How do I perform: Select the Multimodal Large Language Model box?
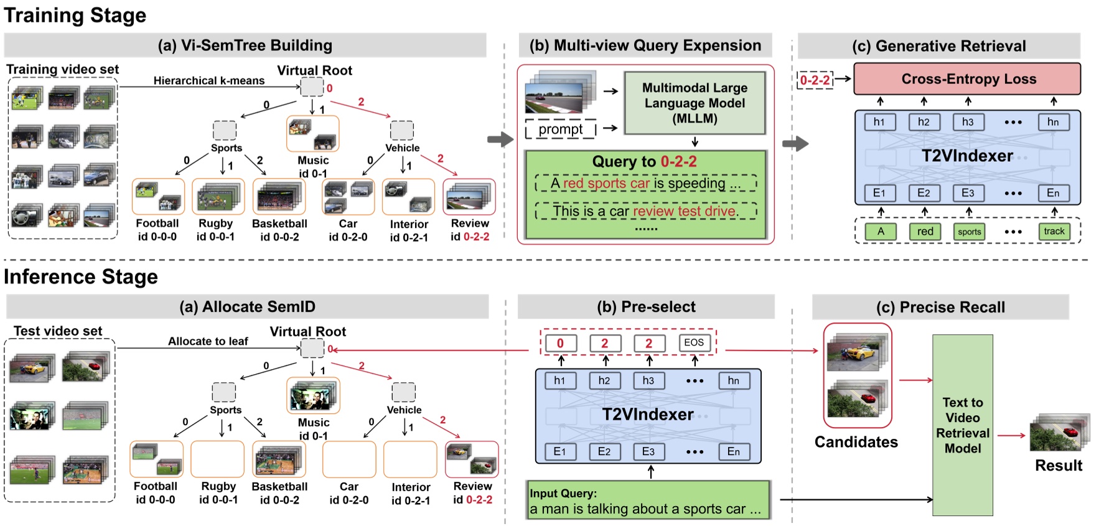pyautogui.click(x=694, y=103)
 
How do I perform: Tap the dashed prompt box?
pyautogui.click(x=561, y=129)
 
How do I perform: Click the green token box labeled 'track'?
pyautogui.click(x=1054, y=232)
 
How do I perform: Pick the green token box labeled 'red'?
pyautogui.click(x=925, y=232)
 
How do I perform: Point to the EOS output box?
pyautogui.click(x=694, y=343)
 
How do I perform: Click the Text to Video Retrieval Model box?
pyautogui.click(x=962, y=425)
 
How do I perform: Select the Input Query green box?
pyautogui.click(x=648, y=501)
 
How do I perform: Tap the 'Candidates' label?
pyautogui.click(x=856, y=442)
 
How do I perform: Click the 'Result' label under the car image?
pyautogui.click(x=1058, y=466)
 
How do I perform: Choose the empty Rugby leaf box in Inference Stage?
pyautogui.click(x=218, y=459)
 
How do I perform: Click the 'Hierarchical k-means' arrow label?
pyautogui.click(x=209, y=80)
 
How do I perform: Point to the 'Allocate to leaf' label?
pyautogui.click(x=208, y=341)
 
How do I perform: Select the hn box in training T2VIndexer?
pyautogui.click(x=1053, y=122)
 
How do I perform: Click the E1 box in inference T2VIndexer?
pyautogui.click(x=559, y=451)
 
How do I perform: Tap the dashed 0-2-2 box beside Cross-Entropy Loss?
pyautogui.click(x=815, y=80)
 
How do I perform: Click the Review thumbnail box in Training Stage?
pyautogui.click(x=469, y=197)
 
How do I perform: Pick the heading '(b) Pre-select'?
pyautogui.click(x=646, y=307)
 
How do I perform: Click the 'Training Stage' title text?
pyautogui.click(x=75, y=15)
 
